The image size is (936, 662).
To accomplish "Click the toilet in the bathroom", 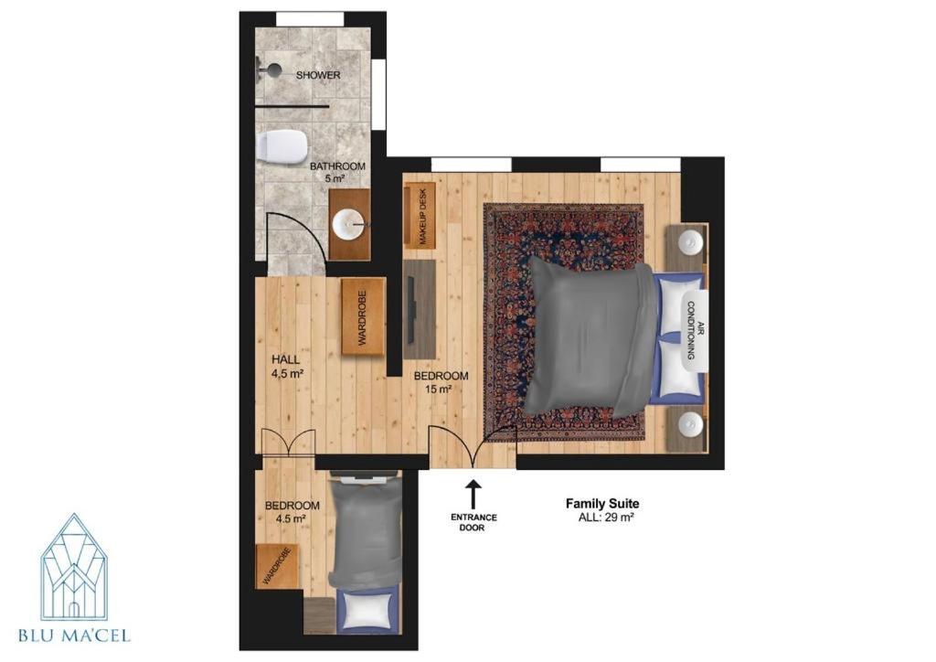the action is pos(283,147).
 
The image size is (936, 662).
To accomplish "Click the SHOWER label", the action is pos(318,75).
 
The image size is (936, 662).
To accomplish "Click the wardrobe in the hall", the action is pos(362,317).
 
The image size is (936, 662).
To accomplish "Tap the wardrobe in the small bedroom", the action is pos(277,566).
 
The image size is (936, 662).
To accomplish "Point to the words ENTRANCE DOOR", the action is pos(473,522).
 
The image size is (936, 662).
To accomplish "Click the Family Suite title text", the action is pos(602,504).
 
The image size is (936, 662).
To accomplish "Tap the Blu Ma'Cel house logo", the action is pos(75,567).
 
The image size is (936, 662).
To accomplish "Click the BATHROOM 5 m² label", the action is pos(336,172).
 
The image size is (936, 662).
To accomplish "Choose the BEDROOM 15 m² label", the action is pos(441,382).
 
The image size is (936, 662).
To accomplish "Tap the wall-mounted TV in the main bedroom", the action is pos(413,310).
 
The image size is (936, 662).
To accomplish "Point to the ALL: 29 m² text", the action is pos(606,518).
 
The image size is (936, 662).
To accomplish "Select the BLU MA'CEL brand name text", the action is pos(75,635).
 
